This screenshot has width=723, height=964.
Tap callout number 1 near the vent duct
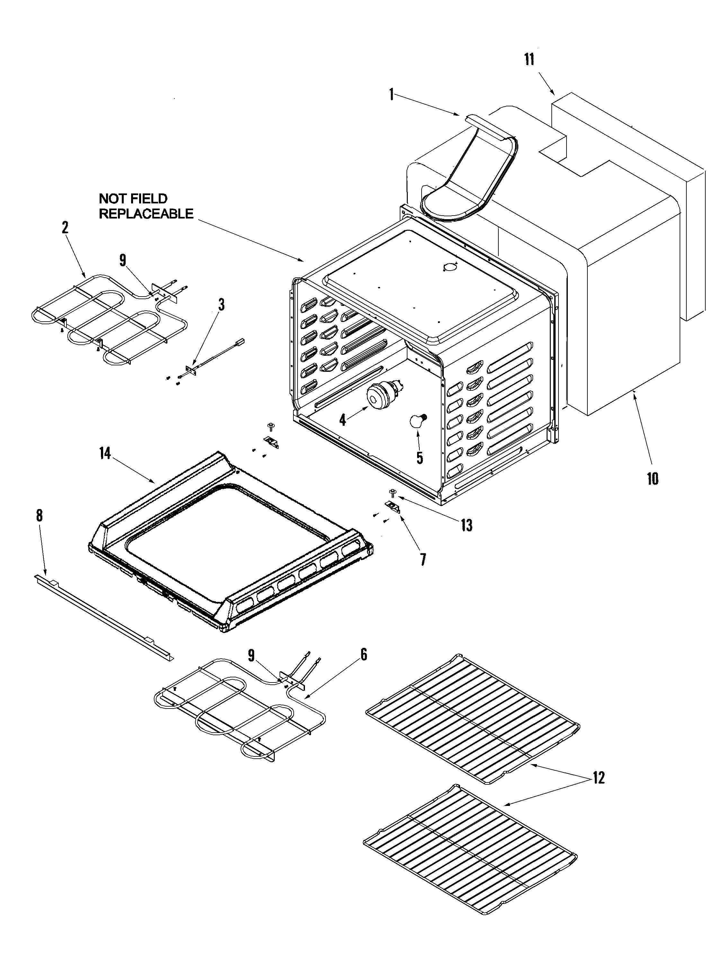[391, 94]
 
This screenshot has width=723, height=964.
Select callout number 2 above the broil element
[65, 227]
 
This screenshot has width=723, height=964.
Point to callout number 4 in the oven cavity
[343, 420]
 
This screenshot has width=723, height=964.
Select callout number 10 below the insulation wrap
[652, 478]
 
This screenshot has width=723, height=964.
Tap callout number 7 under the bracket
[423, 559]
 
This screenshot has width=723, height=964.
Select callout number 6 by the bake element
[364, 654]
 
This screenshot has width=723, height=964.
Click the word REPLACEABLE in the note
[146, 214]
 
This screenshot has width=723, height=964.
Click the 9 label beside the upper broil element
[122, 260]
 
